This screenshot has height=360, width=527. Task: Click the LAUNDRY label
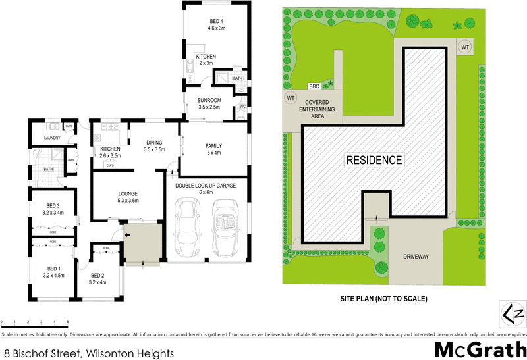[53, 138]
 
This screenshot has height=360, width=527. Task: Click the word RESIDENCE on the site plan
[374, 159]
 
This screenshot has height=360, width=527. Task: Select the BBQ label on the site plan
[315, 86]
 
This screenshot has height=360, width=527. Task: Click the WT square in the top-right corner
[465, 47]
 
